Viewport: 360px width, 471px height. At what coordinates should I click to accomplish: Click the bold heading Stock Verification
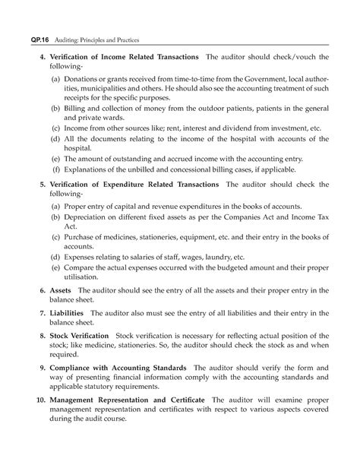coord(80,333)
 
